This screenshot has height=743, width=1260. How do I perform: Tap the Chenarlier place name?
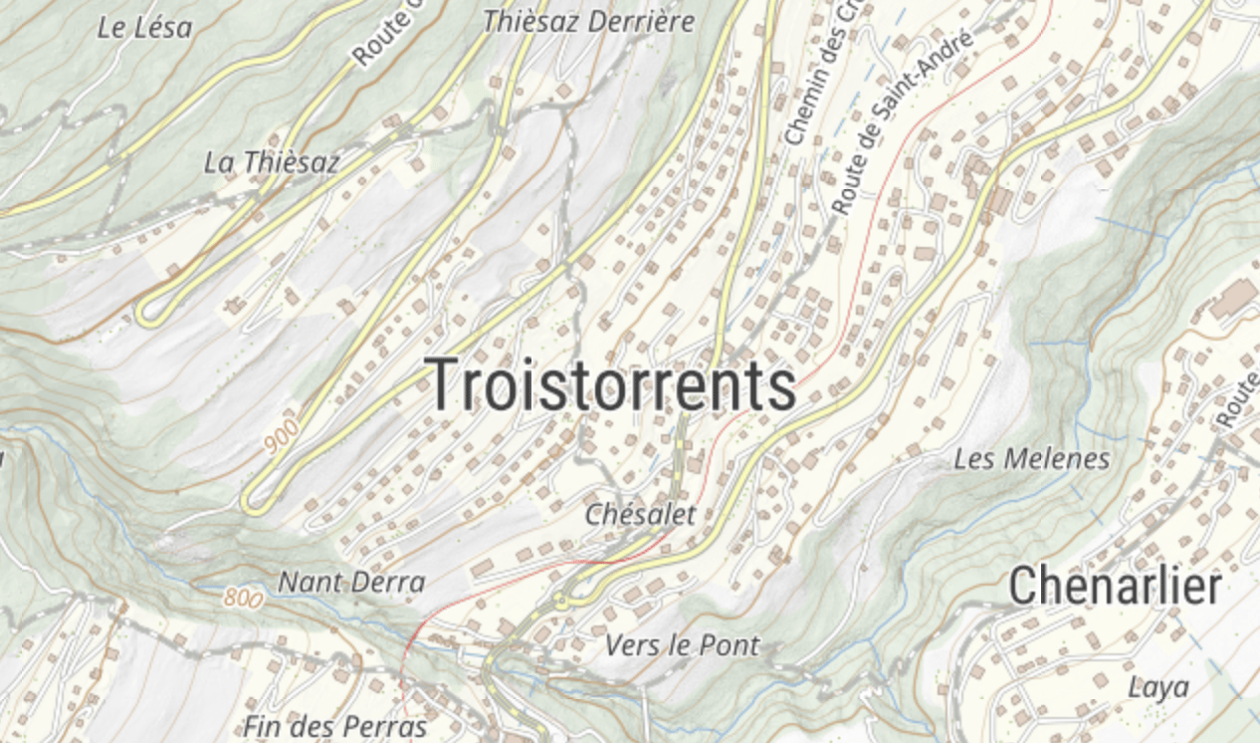(x=1115, y=587)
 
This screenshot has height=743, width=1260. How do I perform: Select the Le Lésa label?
(x=144, y=28)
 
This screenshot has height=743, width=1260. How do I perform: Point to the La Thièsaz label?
(x=272, y=162)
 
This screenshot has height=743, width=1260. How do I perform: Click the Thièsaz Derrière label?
(x=588, y=22)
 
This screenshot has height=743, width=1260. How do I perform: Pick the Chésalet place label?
(x=640, y=515)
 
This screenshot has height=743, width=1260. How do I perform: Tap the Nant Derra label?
(x=351, y=582)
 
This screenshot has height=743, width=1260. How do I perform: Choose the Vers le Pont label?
(x=682, y=645)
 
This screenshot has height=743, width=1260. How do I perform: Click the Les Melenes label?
(x=1031, y=459)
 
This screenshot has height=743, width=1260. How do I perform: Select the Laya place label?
(x=1158, y=687)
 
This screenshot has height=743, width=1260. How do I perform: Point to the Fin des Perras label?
(x=335, y=726)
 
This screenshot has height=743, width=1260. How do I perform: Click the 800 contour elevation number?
(x=243, y=598)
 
